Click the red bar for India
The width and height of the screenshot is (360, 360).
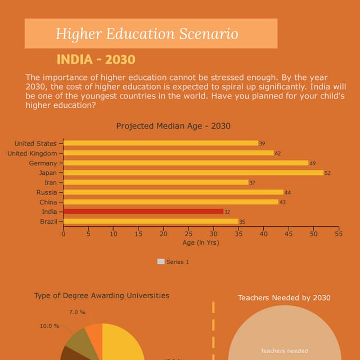point(143,211)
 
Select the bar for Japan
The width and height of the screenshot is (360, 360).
point(193,173)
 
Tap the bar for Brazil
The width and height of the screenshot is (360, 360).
point(151,222)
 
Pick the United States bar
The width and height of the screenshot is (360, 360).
point(161,143)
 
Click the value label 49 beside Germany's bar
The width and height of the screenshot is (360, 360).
point(312,163)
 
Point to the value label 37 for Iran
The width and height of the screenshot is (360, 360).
point(252,183)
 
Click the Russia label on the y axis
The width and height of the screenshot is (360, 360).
point(47,192)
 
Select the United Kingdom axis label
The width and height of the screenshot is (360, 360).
point(32,154)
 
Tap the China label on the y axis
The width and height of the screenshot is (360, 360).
point(48,202)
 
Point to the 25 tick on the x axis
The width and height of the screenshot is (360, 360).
point(188,234)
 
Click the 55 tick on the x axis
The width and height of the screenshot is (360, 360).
point(339,234)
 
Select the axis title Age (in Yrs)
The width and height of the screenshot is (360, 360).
point(201,243)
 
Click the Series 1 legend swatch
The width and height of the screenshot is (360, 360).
point(161,262)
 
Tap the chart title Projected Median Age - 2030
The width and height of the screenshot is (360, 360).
point(173,126)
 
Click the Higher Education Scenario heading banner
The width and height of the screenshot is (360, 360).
point(151,34)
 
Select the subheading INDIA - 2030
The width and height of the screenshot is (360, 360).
point(96,60)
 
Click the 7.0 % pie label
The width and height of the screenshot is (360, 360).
point(77,312)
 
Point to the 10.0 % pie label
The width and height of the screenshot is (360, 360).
point(49,326)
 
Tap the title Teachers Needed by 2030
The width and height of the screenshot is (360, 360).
point(284,298)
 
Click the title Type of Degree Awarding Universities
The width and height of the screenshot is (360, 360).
point(101,295)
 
